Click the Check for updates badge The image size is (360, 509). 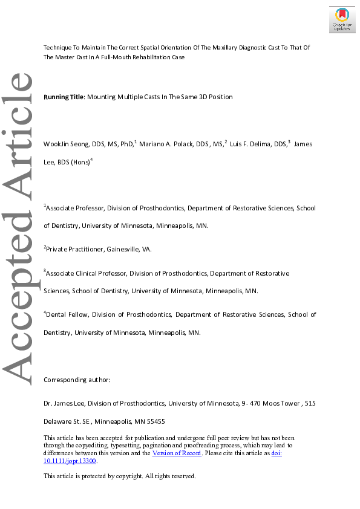[x=342, y=20]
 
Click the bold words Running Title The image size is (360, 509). [x=64, y=97]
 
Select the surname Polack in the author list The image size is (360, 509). [x=180, y=144]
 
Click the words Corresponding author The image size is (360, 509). [x=77, y=380]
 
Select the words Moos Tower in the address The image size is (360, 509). [x=280, y=403]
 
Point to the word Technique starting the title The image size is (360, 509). [x=58, y=47]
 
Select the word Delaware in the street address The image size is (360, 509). [x=59, y=421]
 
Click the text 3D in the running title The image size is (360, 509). [x=198, y=97]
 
